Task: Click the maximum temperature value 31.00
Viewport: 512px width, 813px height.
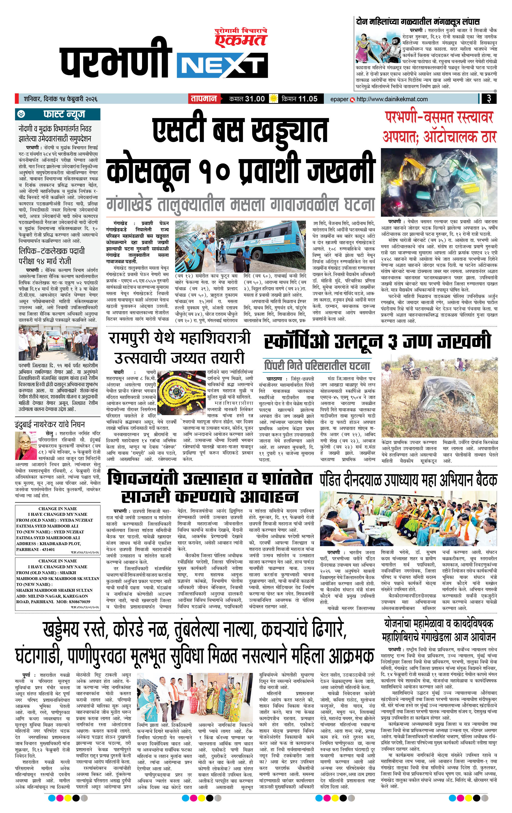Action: [x=255, y=99]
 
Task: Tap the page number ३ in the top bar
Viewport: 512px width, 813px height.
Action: [x=488, y=99]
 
